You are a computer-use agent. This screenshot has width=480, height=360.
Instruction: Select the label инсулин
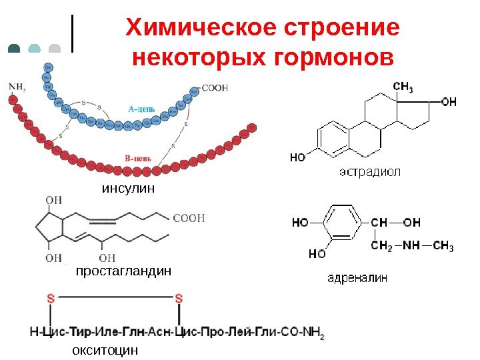128,189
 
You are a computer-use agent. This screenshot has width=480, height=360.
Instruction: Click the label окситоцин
105,349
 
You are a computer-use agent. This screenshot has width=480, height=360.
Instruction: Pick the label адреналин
357,277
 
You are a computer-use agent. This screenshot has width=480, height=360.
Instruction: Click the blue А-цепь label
143,107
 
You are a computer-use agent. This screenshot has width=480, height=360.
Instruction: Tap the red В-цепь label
138,158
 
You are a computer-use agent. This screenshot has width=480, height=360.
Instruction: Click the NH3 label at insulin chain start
17,86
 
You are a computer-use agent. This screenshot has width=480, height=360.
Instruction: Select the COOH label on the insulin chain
215,87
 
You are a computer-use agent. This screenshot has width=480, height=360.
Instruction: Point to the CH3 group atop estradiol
403,87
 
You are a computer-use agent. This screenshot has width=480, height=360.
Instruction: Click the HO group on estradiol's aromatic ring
298,158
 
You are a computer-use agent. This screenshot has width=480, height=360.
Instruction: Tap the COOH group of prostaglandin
189,217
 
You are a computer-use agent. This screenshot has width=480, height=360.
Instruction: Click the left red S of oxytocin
51,299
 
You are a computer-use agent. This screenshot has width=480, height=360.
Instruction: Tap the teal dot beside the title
15,49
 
